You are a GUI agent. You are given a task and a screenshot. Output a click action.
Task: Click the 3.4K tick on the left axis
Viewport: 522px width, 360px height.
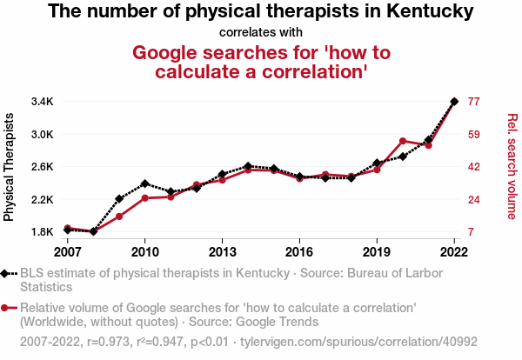point(42,102)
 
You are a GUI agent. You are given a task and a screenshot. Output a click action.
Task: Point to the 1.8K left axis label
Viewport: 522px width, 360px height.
point(42,232)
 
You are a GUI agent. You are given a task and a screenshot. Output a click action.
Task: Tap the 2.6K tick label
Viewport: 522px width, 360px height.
point(42,167)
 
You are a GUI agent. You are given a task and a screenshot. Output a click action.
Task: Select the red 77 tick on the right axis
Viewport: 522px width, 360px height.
point(474,102)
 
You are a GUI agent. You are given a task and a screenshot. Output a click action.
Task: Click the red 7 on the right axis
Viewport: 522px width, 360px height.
point(471,232)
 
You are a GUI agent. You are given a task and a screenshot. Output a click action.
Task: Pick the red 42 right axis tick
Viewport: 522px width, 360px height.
point(474,167)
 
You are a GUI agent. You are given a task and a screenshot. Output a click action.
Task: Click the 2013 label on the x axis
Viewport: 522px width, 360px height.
point(222,252)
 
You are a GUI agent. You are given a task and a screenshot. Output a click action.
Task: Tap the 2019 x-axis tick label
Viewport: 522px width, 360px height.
point(377,252)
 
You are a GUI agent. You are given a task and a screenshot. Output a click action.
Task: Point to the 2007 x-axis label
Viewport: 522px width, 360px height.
point(67,252)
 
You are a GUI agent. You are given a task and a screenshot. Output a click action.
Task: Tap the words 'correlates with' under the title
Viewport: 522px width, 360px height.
point(260,32)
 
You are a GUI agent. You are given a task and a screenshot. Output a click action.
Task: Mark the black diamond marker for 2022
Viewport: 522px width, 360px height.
point(454,102)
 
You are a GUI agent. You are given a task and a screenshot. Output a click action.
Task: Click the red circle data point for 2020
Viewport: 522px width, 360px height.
point(403,140)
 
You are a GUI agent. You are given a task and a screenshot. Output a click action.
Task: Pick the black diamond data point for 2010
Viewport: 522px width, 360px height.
point(144,183)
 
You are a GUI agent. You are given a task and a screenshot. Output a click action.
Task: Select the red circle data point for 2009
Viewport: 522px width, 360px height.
point(119,216)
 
